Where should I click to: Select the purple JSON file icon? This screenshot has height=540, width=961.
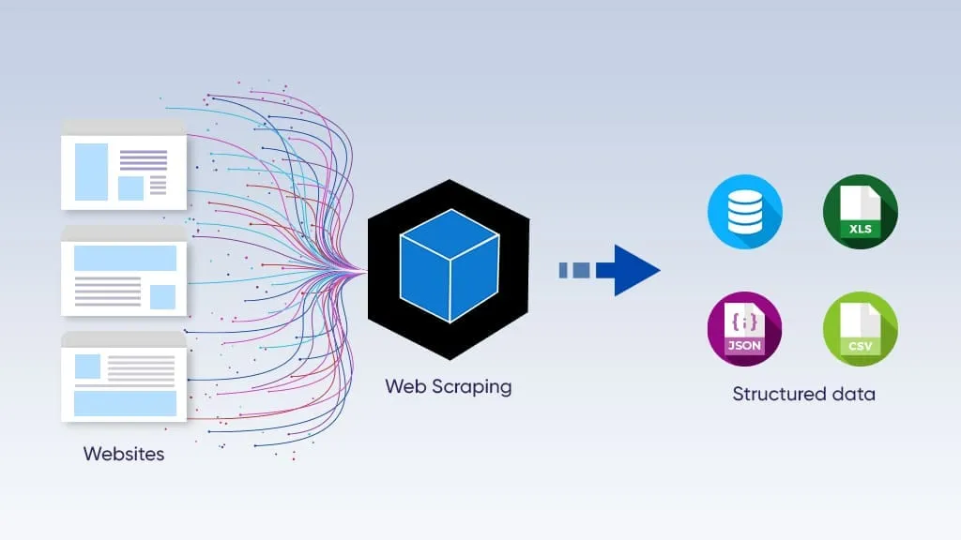[744, 328]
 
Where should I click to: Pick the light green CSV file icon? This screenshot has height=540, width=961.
[860, 328]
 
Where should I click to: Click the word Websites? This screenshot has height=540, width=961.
[124, 454]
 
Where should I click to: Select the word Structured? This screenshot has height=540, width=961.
[776, 394]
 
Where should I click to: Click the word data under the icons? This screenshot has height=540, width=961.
[853, 394]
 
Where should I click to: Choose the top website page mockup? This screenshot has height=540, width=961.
[123, 166]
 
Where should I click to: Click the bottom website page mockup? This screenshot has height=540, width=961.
[123, 378]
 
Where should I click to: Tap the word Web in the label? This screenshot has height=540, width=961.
[404, 386]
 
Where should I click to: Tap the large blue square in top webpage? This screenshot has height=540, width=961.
[91, 172]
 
